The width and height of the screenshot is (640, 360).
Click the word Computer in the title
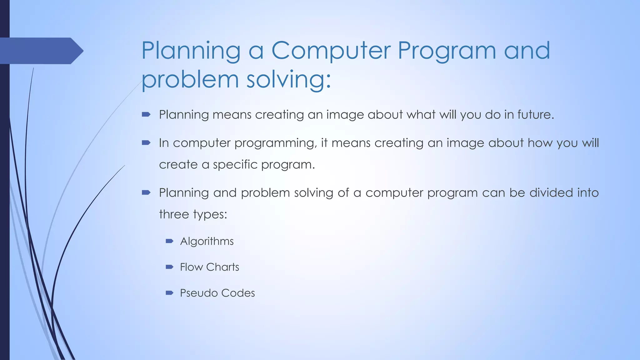pyautogui.click(x=331, y=51)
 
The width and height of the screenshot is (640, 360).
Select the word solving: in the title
pyautogui.click(x=288, y=80)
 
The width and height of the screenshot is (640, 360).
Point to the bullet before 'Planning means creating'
pyautogui.click(x=146, y=115)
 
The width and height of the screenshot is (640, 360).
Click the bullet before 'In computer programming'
pyautogui.click(x=146, y=143)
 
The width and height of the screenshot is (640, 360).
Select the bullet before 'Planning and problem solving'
pyautogui.click(x=146, y=192)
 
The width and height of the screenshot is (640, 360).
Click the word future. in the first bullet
pyautogui.click(x=536, y=114)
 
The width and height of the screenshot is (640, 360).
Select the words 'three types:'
pyautogui.click(x=193, y=215)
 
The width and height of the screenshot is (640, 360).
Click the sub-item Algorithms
pyautogui.click(x=207, y=241)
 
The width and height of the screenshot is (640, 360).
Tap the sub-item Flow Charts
pyautogui.click(x=209, y=267)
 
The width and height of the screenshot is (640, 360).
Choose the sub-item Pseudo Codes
pyautogui.click(x=217, y=293)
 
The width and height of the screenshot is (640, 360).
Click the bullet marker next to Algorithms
pyautogui.click(x=169, y=241)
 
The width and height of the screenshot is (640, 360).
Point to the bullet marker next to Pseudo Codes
pyautogui.click(x=169, y=293)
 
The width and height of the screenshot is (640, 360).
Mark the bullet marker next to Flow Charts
pyautogui.click(x=169, y=267)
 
